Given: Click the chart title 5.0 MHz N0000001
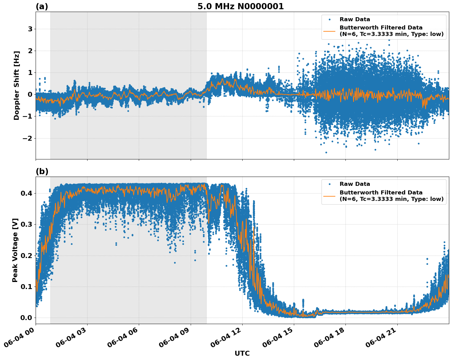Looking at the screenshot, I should pos(240,6).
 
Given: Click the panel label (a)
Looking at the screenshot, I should pos(42,6).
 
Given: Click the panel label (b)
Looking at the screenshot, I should pos(42,172).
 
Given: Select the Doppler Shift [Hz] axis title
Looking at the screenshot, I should pos(17,85).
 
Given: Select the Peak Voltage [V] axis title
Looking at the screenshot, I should pos(15,250).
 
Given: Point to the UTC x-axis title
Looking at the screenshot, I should pos(242,353).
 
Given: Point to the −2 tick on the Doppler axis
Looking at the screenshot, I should pos(27,138).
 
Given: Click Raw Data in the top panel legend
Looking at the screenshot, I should pos(355,20).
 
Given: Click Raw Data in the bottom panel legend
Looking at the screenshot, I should pos(355,184).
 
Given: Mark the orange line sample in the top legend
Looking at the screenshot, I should pos(329,31).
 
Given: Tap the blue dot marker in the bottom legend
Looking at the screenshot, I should pos(329,184).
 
